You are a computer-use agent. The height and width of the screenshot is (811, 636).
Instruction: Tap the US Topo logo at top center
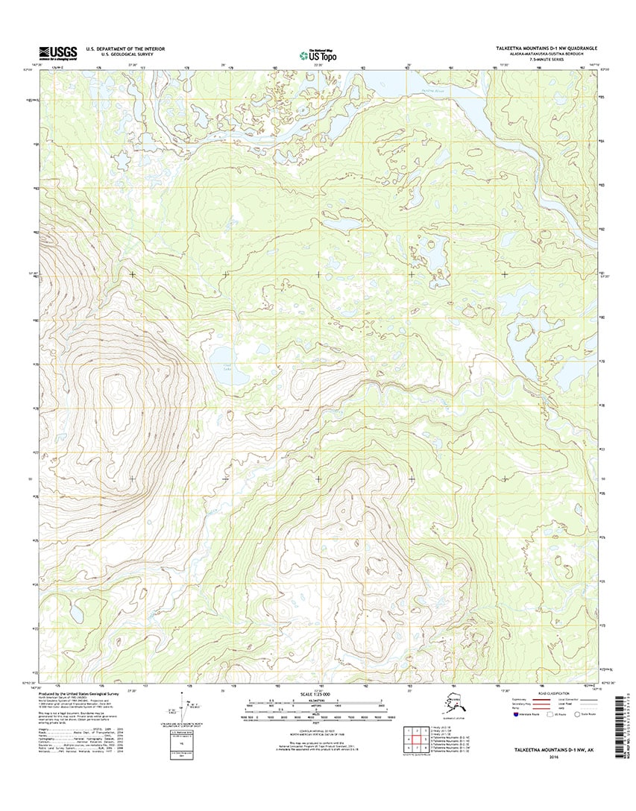pos(318,54)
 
